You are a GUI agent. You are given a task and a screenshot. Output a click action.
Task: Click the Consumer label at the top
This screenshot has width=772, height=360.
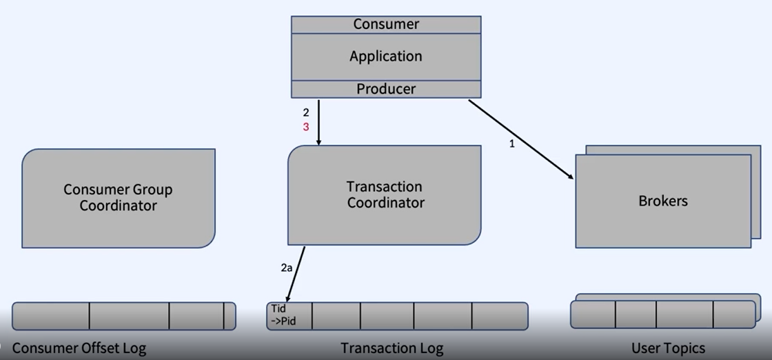[x=386, y=24]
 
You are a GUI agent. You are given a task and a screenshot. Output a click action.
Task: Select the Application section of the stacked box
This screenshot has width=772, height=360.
[x=386, y=57]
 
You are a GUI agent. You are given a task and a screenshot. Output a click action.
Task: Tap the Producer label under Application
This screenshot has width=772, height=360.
[x=386, y=89]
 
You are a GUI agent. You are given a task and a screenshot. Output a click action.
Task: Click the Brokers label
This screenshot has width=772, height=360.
[x=663, y=201]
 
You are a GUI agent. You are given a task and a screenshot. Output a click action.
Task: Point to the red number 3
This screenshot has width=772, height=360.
[x=306, y=127]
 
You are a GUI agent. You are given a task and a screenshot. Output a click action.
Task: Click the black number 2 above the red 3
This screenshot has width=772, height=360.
[x=306, y=112]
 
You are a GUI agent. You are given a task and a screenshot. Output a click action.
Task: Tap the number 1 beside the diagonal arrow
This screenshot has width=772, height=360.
[x=511, y=145]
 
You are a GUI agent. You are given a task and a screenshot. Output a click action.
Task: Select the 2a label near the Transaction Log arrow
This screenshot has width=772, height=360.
[x=287, y=268]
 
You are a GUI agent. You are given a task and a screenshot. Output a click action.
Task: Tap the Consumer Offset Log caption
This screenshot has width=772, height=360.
[x=79, y=348]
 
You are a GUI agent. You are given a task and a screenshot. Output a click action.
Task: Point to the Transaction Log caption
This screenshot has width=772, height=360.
[x=392, y=348]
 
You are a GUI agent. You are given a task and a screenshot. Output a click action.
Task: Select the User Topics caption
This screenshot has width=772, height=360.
[x=668, y=348]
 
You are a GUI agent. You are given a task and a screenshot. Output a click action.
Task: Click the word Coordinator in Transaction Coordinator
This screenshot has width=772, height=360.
[x=385, y=203]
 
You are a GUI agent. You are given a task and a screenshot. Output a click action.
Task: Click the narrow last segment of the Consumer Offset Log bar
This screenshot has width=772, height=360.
[x=230, y=316]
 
